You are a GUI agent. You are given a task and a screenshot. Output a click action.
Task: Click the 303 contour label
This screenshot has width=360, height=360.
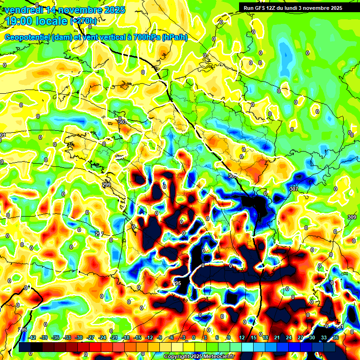pos(122,122)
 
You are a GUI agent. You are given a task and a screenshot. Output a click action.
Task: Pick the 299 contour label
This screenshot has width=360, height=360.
pos(106,185)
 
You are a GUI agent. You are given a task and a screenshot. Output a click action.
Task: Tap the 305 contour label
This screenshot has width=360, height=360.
pos(232,176)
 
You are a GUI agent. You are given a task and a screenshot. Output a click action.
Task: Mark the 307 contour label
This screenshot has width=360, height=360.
pos(294,188)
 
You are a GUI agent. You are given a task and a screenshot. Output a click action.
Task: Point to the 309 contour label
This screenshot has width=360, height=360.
pos(352,217)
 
